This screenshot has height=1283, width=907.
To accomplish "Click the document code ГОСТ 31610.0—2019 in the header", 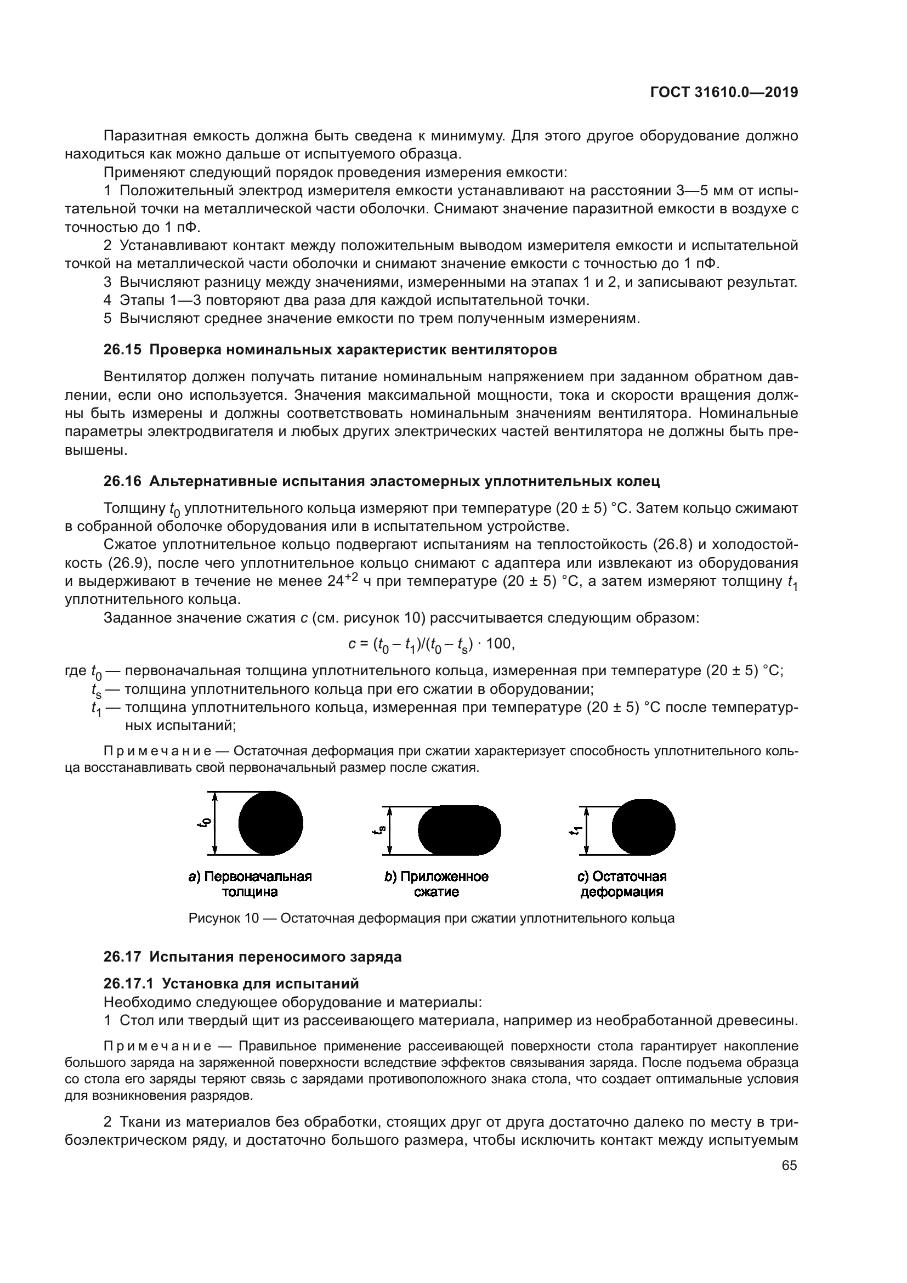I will point(724,93).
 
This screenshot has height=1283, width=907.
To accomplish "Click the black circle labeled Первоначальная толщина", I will point(270,823).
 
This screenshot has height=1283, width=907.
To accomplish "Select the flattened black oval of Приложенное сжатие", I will point(458,830).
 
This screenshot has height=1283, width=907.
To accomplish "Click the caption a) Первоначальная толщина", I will point(250,884).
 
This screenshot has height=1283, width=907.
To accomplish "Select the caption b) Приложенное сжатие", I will point(436,884).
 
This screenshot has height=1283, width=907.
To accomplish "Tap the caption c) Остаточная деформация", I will point(622,884).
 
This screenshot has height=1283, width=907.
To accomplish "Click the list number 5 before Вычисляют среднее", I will point(107,319).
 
